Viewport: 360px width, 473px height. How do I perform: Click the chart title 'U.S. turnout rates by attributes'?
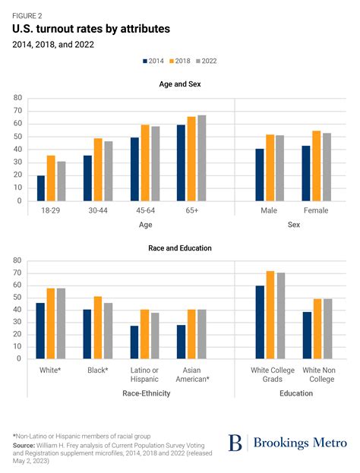[x=91, y=29]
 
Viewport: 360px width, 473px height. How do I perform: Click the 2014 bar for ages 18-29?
[x=41, y=188]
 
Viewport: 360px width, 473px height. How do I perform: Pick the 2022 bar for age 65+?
[x=201, y=158]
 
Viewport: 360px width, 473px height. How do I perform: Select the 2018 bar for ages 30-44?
[x=98, y=169]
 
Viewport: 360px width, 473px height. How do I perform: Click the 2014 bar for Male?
[x=260, y=175]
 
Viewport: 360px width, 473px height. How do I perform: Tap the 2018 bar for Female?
[x=317, y=166]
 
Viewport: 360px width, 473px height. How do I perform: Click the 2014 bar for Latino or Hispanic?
[x=134, y=342]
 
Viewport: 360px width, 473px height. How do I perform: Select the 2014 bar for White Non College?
[x=308, y=335]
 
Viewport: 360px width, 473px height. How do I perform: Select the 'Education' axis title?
[x=295, y=393]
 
